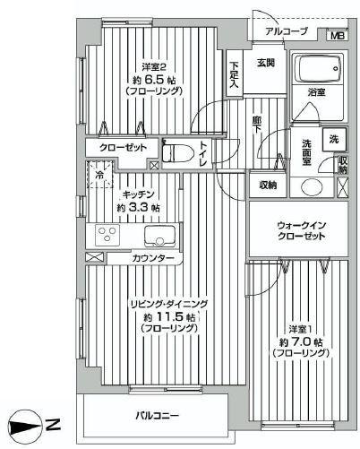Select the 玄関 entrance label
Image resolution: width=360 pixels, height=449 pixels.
[x=265, y=63]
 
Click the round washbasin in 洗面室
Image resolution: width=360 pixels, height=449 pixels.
[x=311, y=186]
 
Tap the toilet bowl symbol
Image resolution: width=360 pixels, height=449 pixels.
[x=177, y=151]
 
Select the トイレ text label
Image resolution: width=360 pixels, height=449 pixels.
[x=204, y=155]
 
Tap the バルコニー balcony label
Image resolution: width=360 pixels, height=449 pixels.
[x=158, y=415]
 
